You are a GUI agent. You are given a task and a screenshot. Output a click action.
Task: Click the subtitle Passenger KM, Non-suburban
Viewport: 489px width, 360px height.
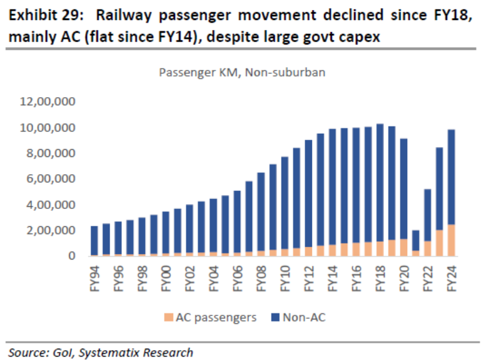pyautogui.click(x=242, y=72)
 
